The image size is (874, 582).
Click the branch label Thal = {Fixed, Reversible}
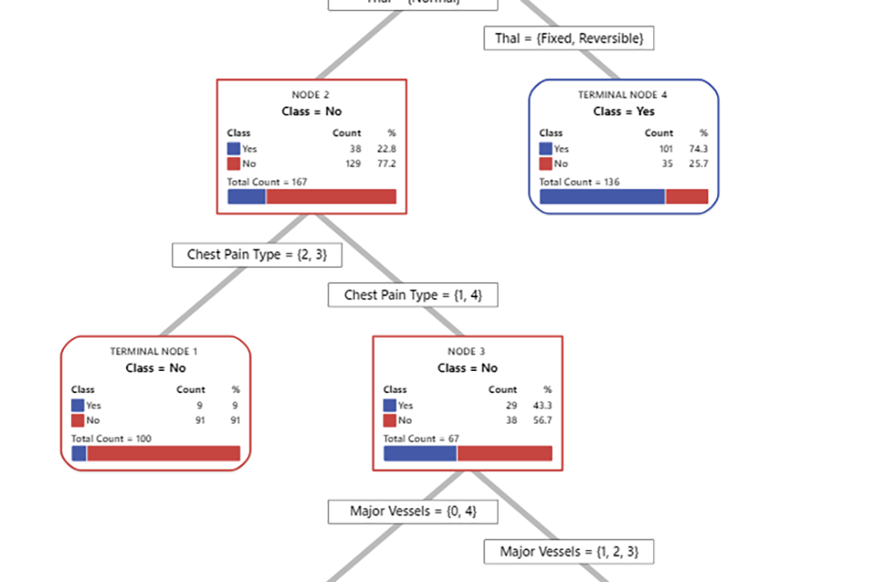(x=569, y=39)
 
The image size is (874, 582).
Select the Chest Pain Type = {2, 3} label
(x=256, y=255)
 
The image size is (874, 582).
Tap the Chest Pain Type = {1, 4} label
(x=413, y=295)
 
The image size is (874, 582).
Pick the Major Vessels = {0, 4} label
(x=413, y=512)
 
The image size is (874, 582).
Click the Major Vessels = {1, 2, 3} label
(x=569, y=552)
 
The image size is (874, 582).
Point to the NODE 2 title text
(x=311, y=95)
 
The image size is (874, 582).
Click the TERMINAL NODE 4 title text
(x=623, y=95)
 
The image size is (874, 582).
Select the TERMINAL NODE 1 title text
(x=154, y=351)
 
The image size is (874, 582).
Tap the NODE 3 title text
(x=467, y=351)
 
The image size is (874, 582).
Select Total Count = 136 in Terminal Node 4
(x=579, y=182)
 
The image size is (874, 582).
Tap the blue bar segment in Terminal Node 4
(x=602, y=197)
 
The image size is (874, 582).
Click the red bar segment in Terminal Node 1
(x=163, y=453)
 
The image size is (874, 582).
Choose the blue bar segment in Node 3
(x=420, y=453)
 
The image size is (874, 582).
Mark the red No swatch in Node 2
(x=234, y=164)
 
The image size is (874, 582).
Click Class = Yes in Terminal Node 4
(x=623, y=112)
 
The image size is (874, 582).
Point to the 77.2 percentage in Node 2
(x=387, y=164)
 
